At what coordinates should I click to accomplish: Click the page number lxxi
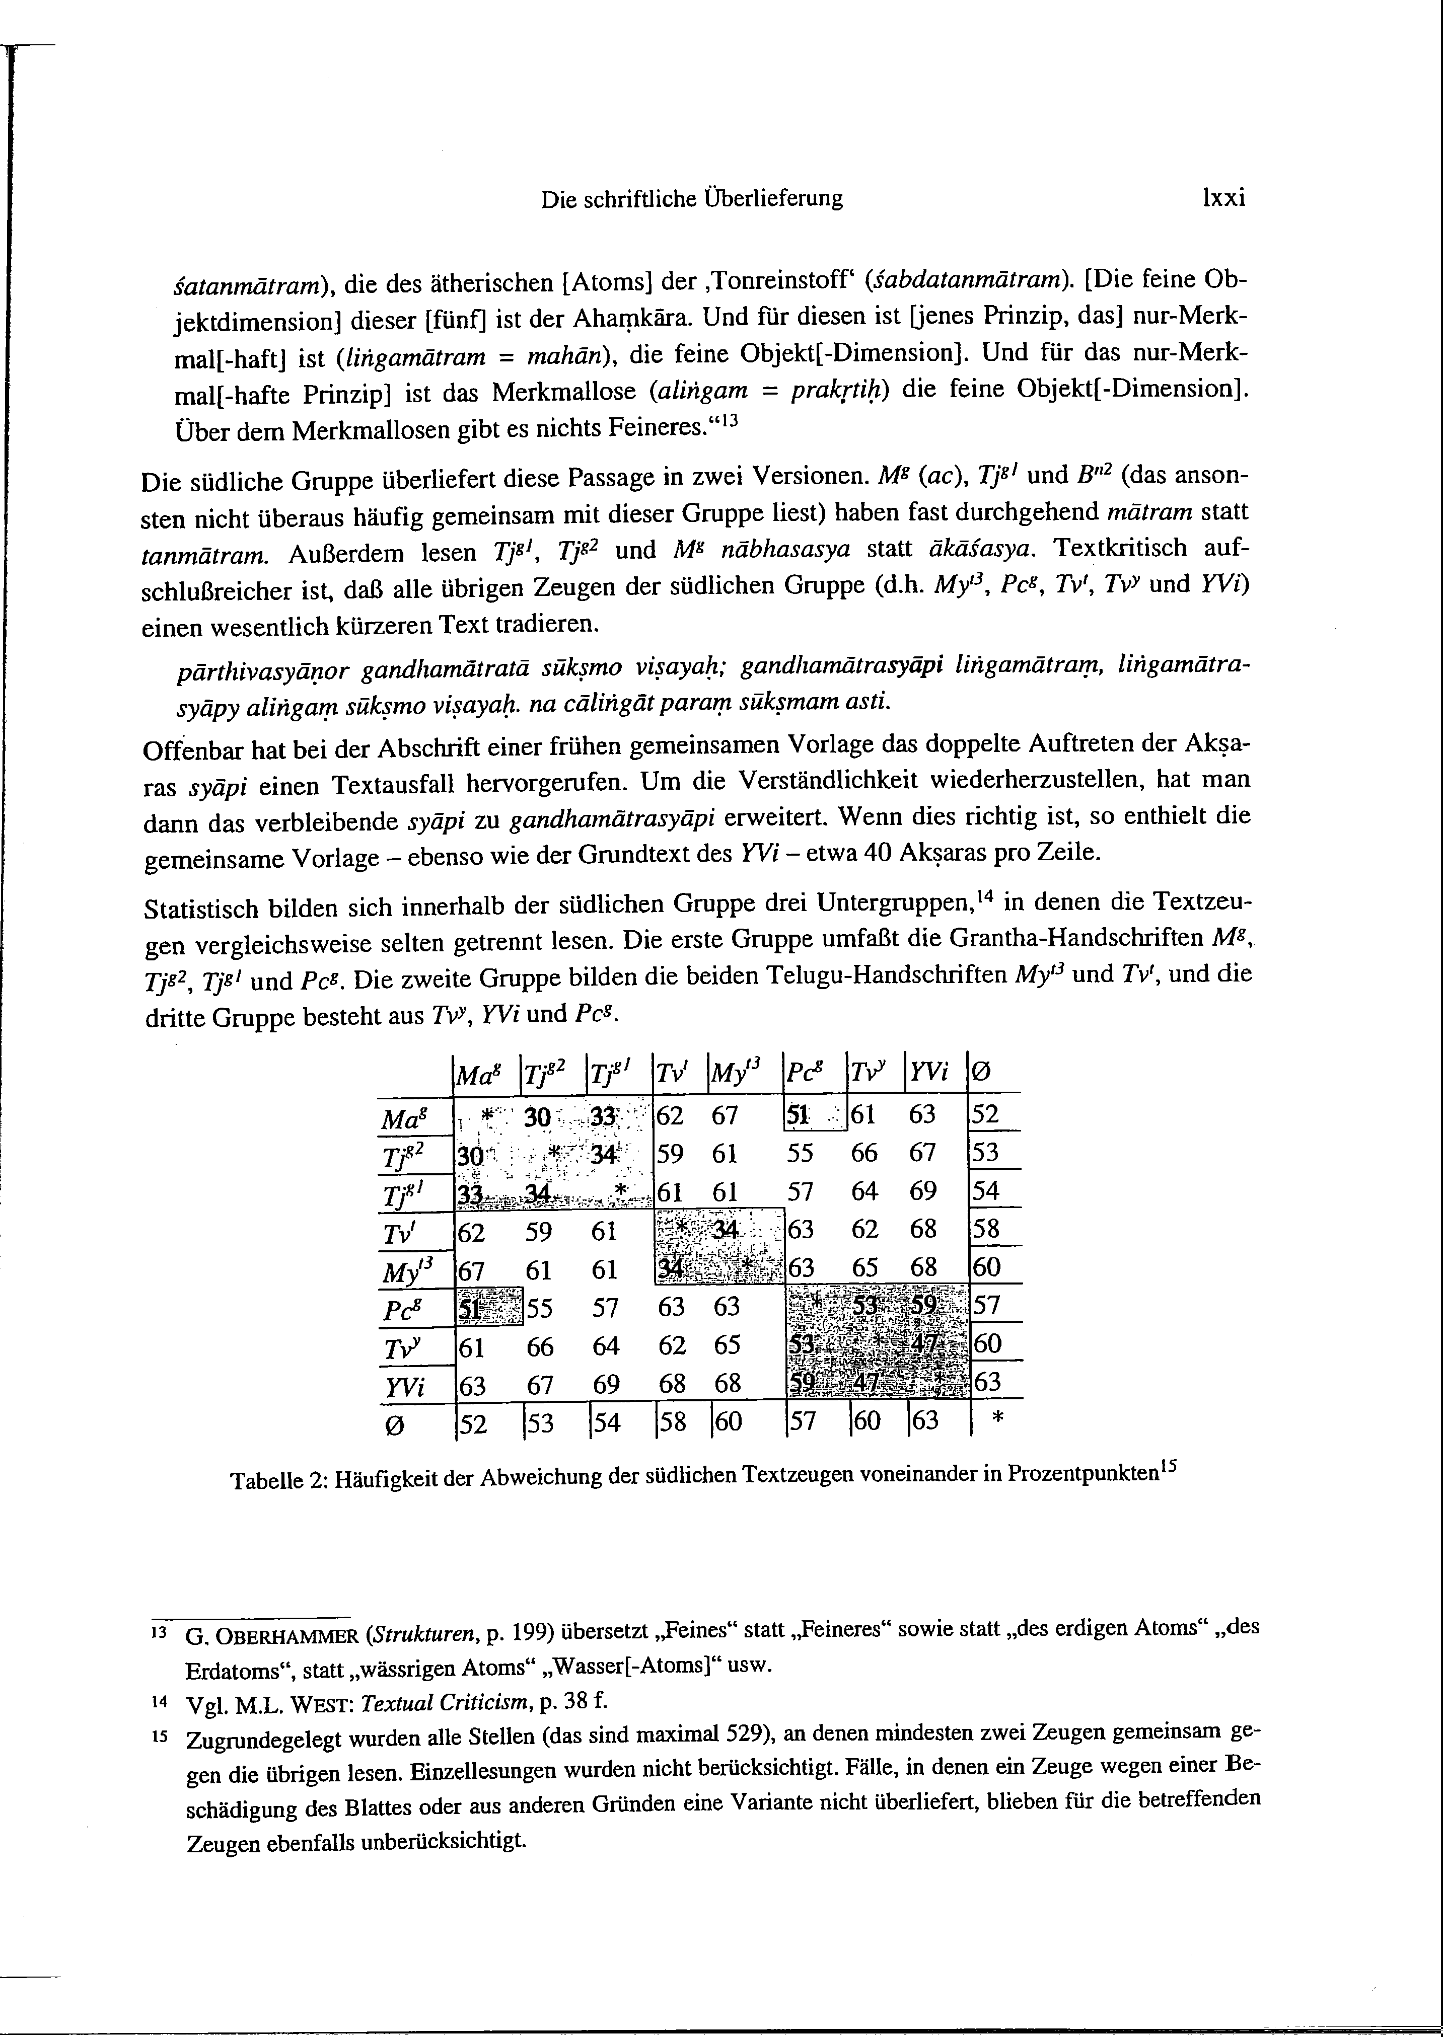point(1222,198)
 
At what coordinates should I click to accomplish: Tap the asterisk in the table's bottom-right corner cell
point(996,1422)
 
